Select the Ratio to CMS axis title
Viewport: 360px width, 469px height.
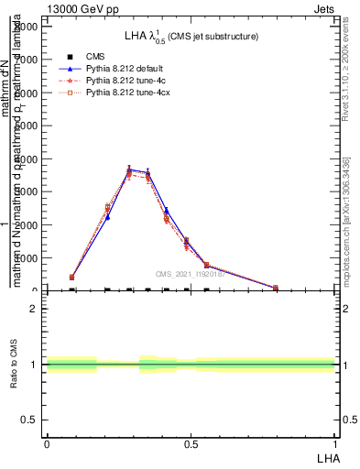[x=14, y=365]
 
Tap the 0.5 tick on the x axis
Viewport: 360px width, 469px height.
[x=191, y=442]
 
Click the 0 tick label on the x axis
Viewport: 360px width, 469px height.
[x=47, y=442]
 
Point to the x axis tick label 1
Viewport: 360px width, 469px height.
[x=334, y=442]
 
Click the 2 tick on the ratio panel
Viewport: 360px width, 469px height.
[x=34, y=309]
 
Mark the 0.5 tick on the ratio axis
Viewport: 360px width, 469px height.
[x=30, y=420]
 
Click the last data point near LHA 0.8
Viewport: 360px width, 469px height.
[x=276, y=288]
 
